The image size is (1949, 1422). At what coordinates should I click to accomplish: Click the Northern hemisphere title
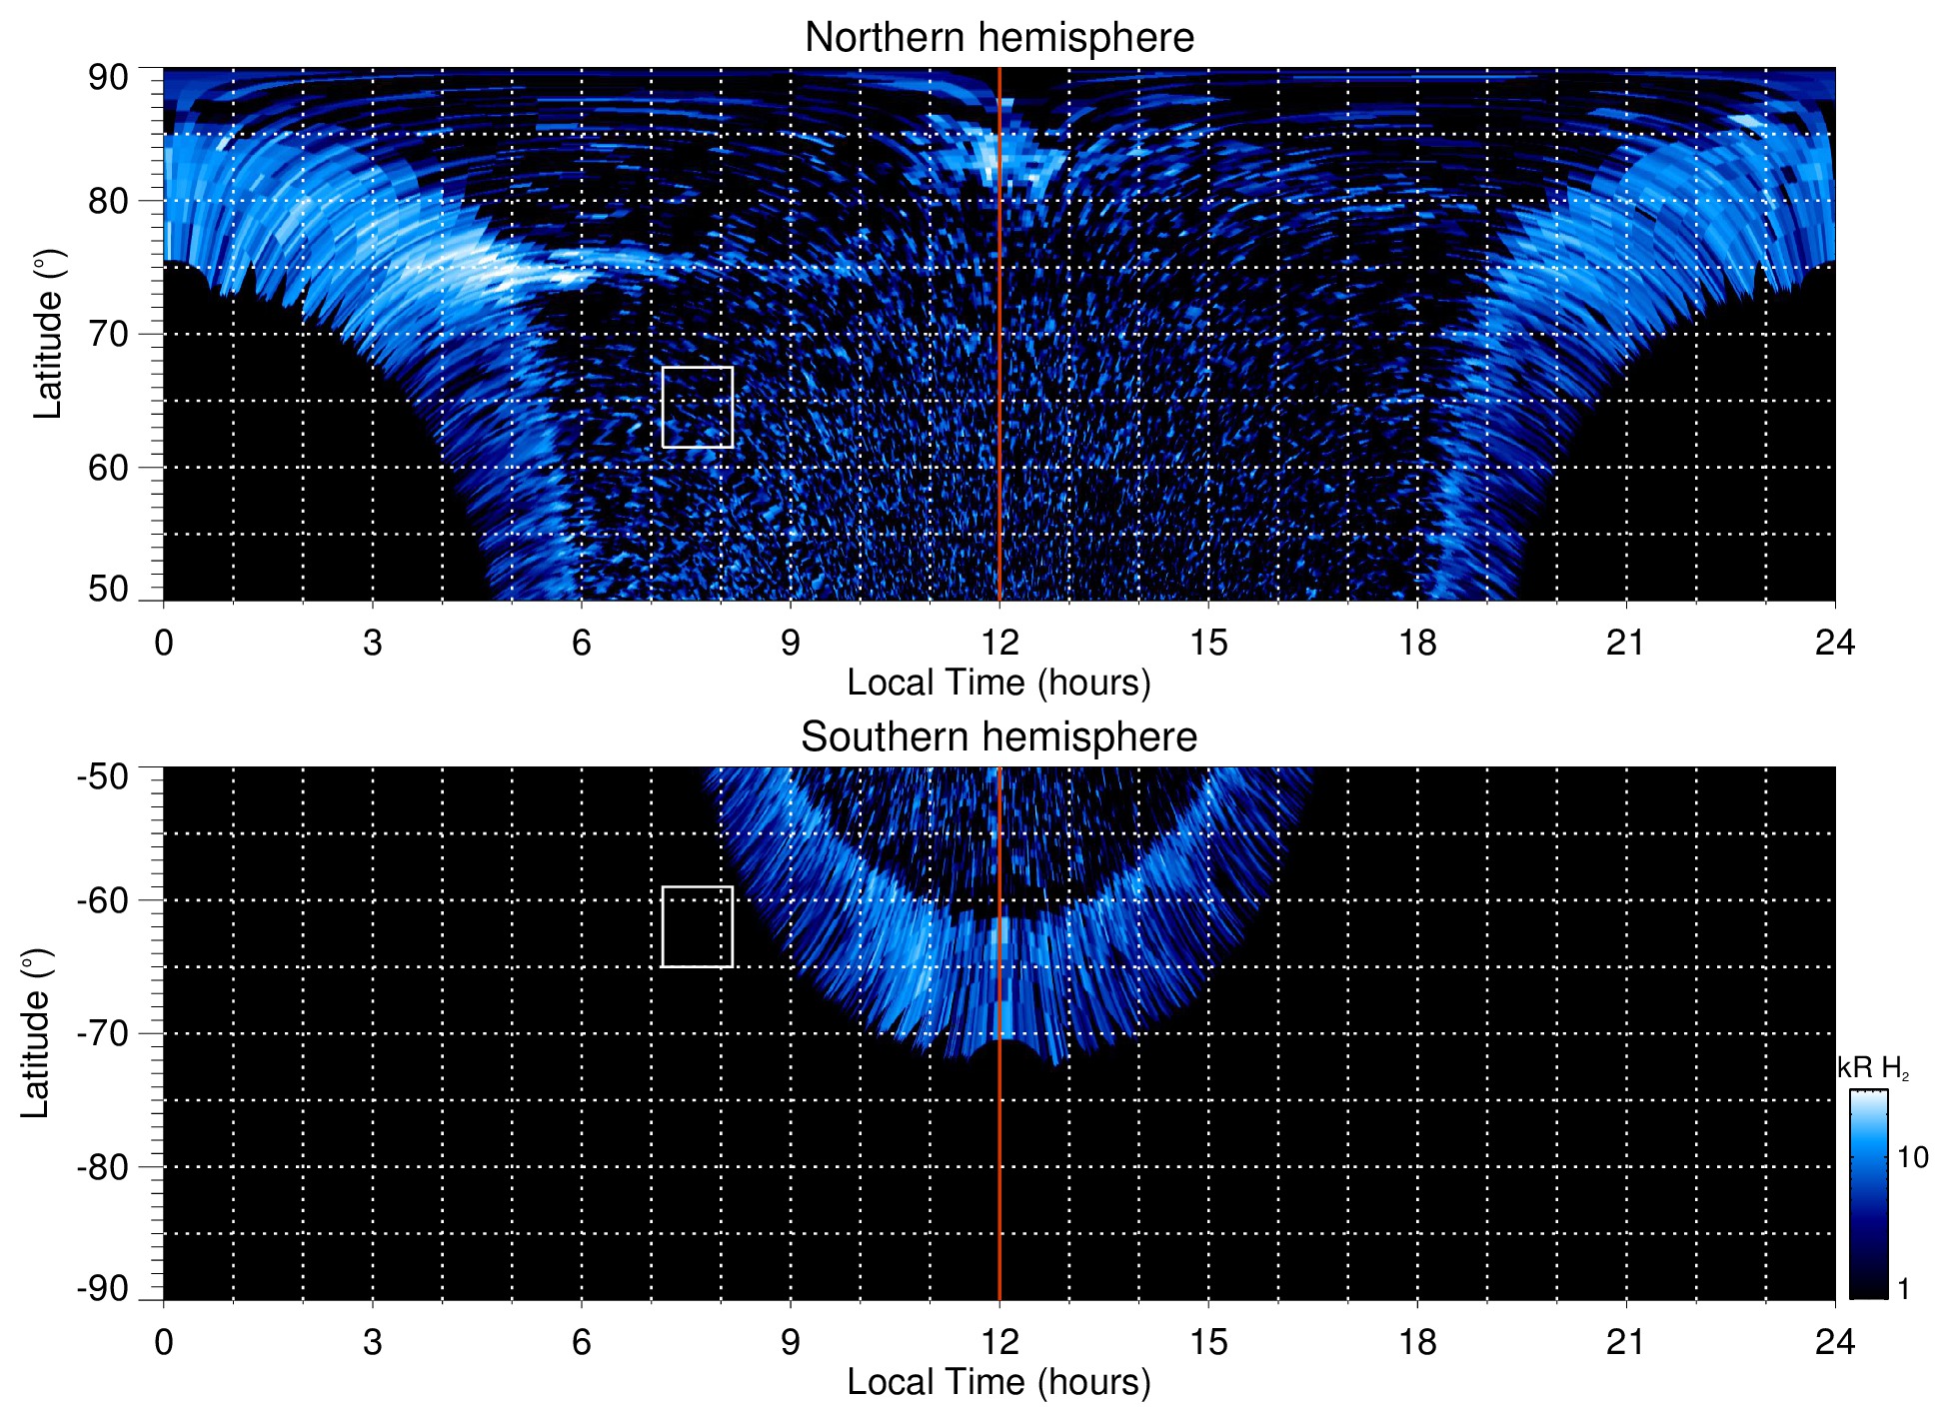(998, 38)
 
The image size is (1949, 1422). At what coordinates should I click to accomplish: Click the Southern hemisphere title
(998, 737)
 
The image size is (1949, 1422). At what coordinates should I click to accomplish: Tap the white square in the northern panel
(698, 407)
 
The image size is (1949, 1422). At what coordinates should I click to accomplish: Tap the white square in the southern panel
(698, 926)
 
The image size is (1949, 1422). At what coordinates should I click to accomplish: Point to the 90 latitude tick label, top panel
(108, 78)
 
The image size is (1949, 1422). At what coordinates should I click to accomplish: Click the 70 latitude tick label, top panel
(108, 334)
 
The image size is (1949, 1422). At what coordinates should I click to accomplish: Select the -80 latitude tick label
(103, 1166)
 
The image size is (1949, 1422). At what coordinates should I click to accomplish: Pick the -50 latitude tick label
(103, 776)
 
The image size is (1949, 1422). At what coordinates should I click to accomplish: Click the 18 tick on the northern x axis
(1417, 643)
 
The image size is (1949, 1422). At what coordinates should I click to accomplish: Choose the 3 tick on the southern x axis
(373, 1342)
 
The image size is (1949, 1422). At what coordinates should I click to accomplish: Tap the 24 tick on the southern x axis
(1834, 1342)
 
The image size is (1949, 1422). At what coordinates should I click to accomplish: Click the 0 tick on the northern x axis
(164, 643)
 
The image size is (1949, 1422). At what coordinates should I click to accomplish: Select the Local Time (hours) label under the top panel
(998, 683)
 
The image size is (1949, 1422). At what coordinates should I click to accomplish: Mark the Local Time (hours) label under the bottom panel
(998, 1382)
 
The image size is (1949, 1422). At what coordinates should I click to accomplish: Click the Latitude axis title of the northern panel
(48, 334)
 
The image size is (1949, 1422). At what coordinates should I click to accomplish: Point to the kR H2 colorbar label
(1872, 1069)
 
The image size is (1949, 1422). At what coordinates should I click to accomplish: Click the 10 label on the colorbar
(1912, 1157)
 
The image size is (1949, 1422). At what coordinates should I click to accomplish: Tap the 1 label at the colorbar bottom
(1903, 1289)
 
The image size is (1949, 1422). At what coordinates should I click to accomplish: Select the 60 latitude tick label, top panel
(108, 468)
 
